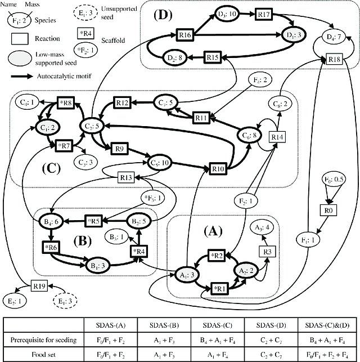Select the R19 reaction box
(x=38, y=286)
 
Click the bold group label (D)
(x=162, y=16)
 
